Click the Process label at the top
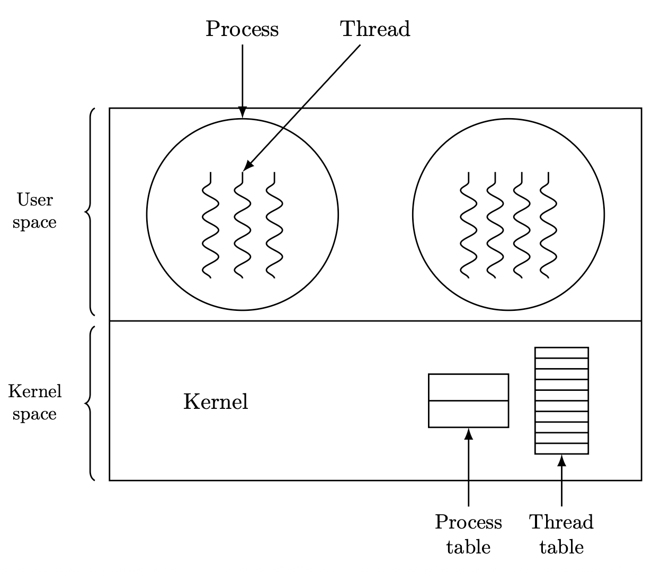point(242,30)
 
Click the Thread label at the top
point(375,29)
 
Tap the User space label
point(34,211)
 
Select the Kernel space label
point(34,403)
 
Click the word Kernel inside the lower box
point(216,401)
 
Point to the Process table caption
point(468,534)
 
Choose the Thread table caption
point(561,534)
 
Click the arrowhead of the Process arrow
point(243,112)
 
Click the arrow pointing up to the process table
point(468,467)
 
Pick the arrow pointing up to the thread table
point(561,480)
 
